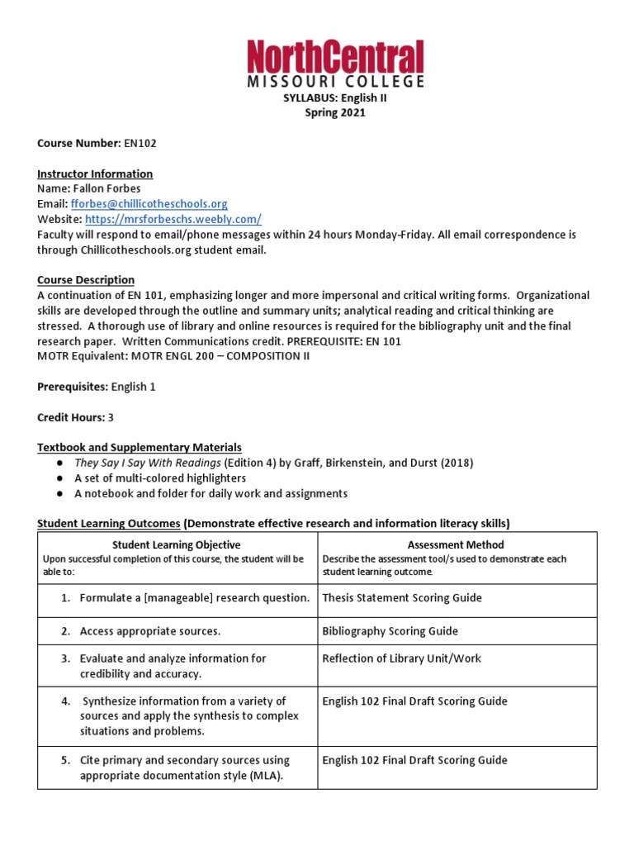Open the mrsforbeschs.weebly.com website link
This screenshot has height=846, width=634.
[173, 219]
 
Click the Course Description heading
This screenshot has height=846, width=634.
[86, 280]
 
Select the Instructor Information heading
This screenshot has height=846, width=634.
[95, 173]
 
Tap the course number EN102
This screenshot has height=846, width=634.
[140, 143]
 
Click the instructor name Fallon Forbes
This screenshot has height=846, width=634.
[112, 188]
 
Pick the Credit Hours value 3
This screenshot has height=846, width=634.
[111, 417]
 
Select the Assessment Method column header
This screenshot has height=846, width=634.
[456, 544]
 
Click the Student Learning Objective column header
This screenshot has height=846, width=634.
[177, 544]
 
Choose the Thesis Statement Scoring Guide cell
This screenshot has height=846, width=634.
[402, 597]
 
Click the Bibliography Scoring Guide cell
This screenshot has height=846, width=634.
[390, 631]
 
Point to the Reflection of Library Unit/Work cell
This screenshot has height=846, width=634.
[401, 658]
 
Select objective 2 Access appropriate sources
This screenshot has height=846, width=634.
[149, 631]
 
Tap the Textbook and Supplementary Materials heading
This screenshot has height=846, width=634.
[140, 447]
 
